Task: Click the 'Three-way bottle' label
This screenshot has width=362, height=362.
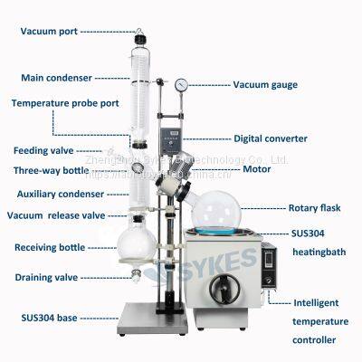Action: tap(50, 170)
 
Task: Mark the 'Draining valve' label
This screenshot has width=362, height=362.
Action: tap(45, 277)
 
